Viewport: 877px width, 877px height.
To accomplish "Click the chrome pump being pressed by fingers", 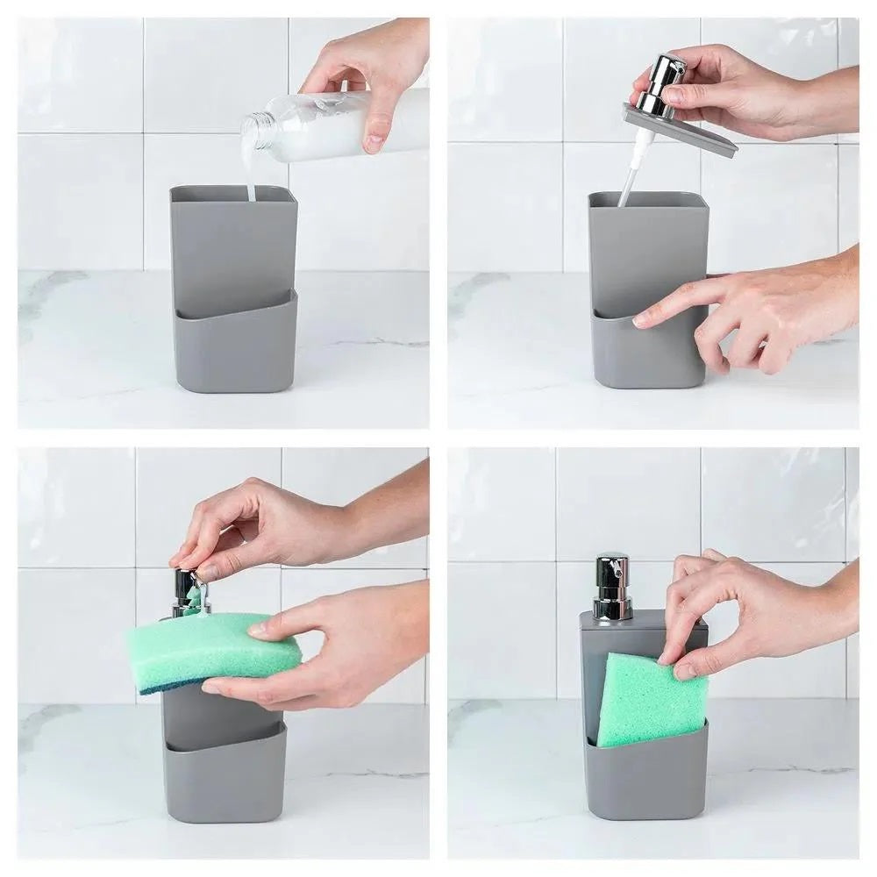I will pos(189,592).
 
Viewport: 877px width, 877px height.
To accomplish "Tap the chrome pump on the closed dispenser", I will pos(612,586).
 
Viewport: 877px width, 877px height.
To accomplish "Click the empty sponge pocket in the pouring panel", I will pos(234,346).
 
